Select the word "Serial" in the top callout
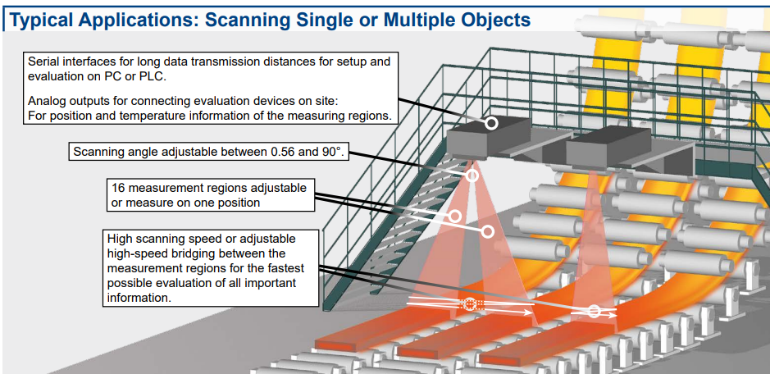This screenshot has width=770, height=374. pos(44,62)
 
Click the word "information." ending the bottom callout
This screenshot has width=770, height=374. pos(139,299)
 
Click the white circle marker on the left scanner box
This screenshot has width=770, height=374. pos(491,124)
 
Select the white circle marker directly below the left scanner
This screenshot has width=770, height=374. pos(472,176)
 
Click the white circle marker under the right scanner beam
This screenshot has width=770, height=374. pos(595,312)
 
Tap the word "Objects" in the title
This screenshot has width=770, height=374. pos(489,19)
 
